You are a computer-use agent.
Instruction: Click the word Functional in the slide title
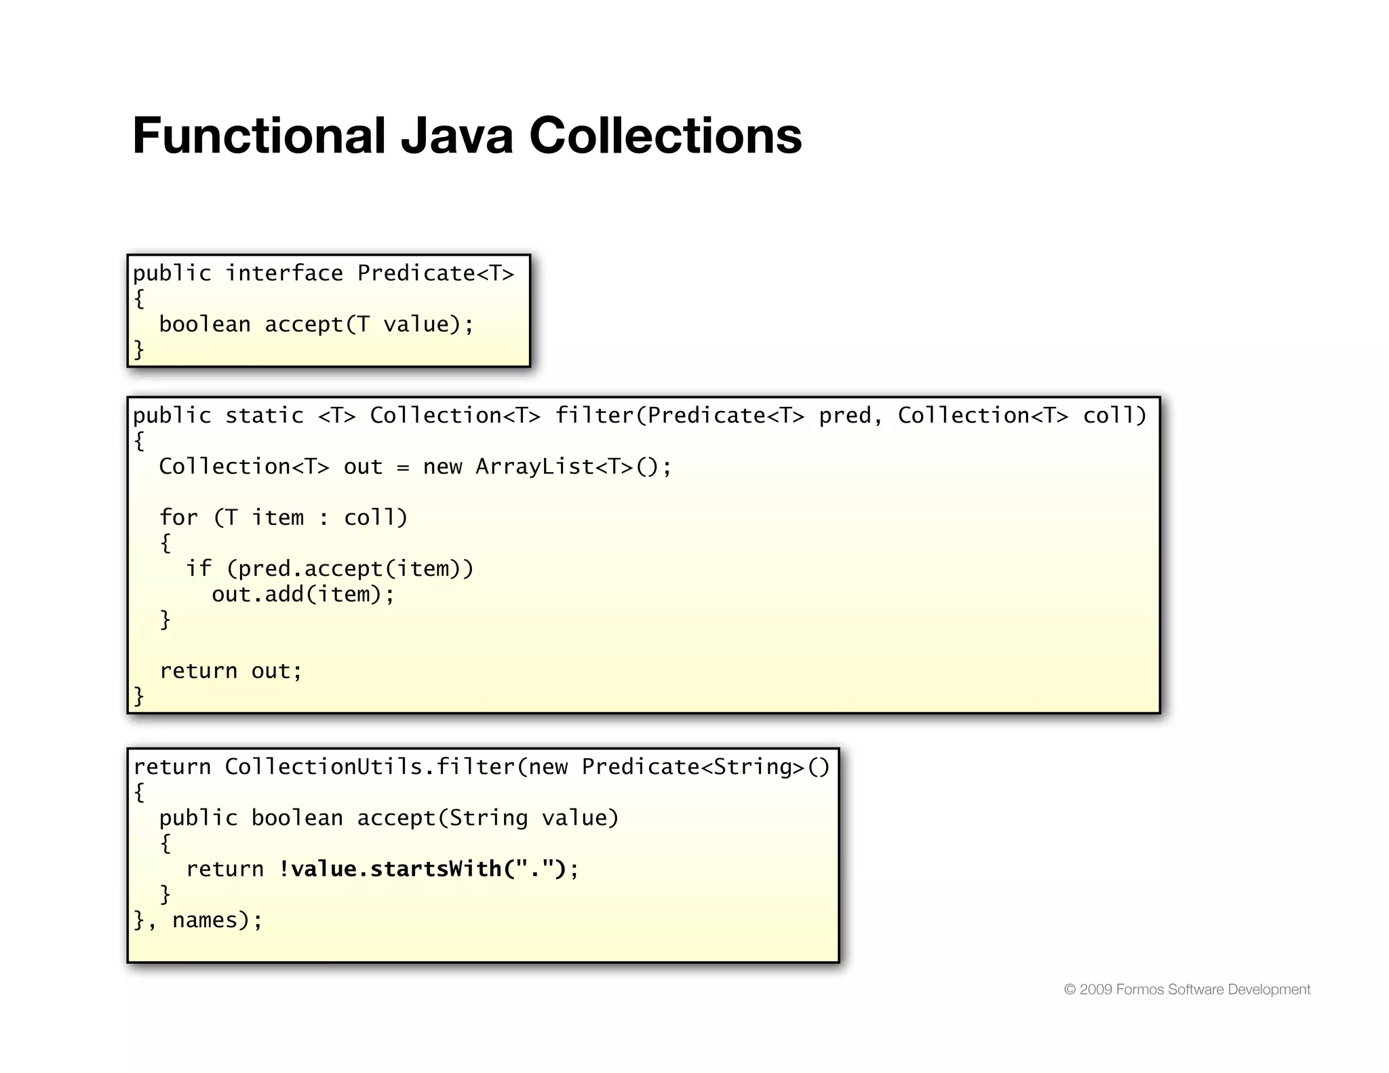(258, 136)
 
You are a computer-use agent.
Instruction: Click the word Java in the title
(456, 136)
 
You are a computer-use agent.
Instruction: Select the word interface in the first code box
(284, 273)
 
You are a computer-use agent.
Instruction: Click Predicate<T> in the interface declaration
(435, 273)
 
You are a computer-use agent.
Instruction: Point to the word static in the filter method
(265, 416)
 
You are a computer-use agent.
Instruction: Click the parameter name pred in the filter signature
(844, 416)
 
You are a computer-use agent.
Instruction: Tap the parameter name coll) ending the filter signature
(1114, 416)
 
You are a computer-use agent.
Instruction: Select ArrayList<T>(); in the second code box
(573, 467)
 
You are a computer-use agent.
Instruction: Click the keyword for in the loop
(178, 518)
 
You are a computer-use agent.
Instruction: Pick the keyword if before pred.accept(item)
(198, 568)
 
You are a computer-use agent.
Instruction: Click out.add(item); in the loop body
(303, 594)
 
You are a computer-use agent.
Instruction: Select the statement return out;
(231, 671)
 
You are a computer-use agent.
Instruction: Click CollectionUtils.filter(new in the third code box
(396, 767)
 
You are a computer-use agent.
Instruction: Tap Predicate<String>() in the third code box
(705, 767)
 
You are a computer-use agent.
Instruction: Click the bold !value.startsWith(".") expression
(423, 869)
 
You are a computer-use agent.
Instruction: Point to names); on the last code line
(217, 920)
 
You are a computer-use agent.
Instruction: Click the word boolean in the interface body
(205, 324)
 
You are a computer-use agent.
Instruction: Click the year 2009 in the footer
(1095, 990)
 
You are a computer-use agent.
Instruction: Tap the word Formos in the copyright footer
(1139, 990)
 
